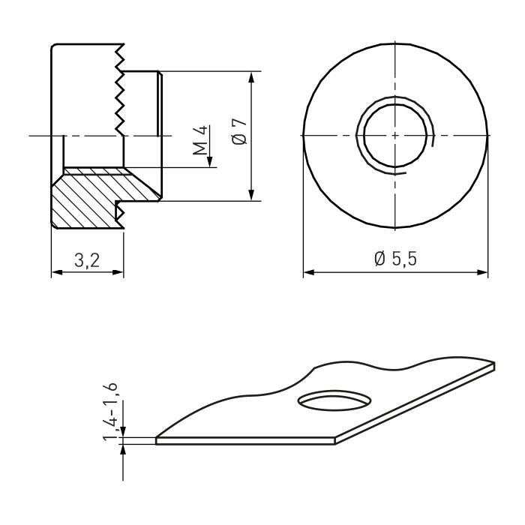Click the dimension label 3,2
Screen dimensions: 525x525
click(87, 260)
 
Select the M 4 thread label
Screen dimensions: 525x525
click(200, 140)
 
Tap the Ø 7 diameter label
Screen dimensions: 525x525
click(239, 131)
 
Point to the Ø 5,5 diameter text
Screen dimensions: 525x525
click(395, 259)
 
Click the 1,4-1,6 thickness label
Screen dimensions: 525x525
click(110, 411)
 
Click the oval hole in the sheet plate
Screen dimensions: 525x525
click(334, 400)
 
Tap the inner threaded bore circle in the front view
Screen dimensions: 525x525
click(395, 135)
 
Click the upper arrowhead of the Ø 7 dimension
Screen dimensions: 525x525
click(252, 77)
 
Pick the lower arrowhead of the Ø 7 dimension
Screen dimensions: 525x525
click(252, 195)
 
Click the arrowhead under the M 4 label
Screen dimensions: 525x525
click(210, 162)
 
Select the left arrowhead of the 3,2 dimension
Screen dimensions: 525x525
click(57, 272)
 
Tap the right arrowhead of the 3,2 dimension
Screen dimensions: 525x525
click(118, 272)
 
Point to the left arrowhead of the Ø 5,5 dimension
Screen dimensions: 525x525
click(309, 272)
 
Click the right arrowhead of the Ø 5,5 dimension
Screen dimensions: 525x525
click(481, 272)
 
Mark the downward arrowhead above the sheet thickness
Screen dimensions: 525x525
click(123, 431)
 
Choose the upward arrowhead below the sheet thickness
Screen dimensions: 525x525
click(123, 450)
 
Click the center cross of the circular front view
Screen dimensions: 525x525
click(395, 135)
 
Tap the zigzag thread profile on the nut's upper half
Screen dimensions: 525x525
click(120, 90)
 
